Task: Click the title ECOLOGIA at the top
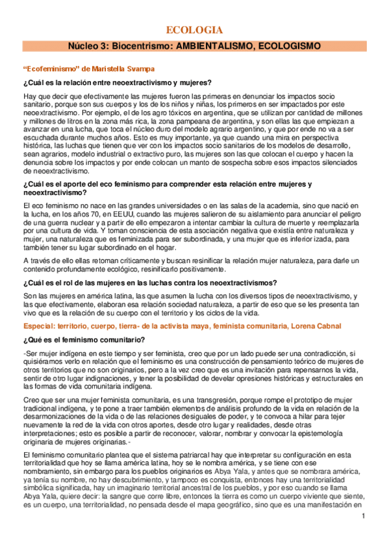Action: coord(194,30)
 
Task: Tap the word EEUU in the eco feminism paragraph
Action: coord(136,212)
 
